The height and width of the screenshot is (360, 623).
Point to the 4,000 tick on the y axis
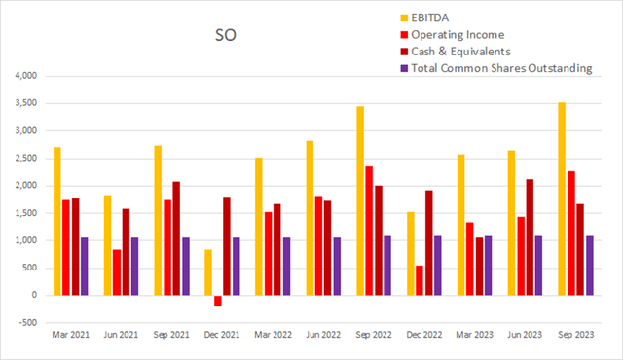21,76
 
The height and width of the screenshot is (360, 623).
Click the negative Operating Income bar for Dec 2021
217,301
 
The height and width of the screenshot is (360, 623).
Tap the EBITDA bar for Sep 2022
359,200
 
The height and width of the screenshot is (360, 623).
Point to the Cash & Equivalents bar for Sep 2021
177,237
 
